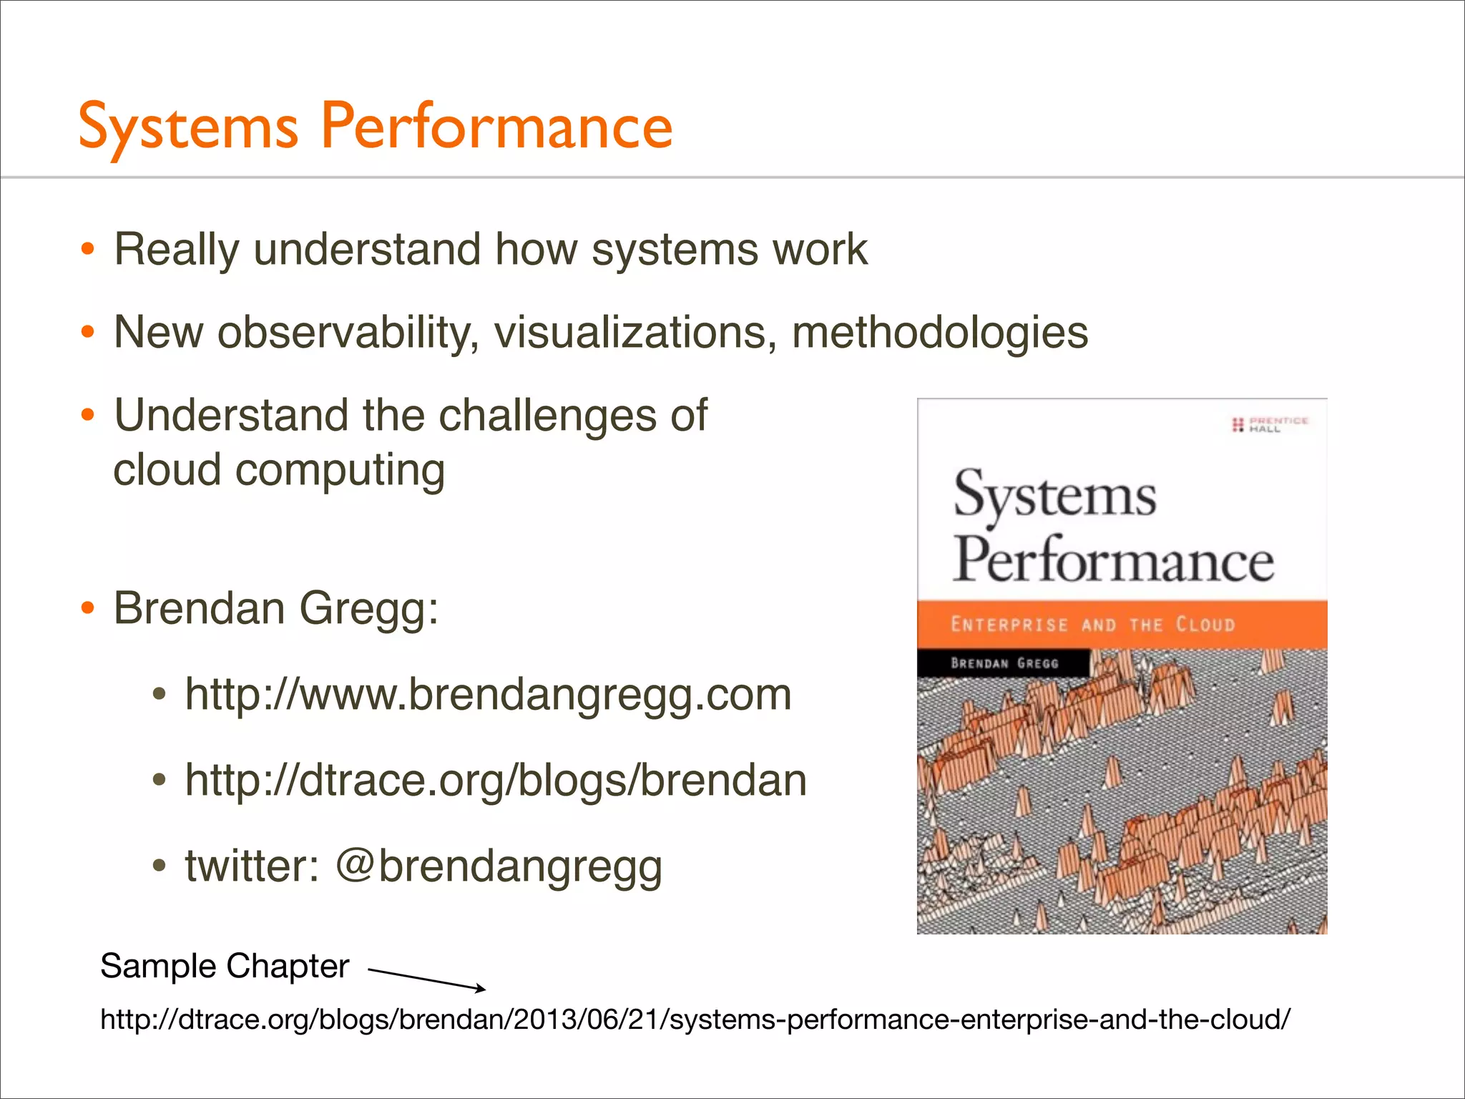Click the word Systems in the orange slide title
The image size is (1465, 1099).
tap(188, 127)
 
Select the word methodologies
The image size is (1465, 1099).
tap(939, 333)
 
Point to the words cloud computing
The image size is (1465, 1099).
tap(279, 471)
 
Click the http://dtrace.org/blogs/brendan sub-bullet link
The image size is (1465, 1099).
tap(495, 780)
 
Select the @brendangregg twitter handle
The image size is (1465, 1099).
tap(499, 866)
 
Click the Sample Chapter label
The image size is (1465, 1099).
tap(225, 966)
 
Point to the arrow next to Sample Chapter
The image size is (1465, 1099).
tap(426, 980)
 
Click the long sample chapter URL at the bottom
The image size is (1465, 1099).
tap(695, 1019)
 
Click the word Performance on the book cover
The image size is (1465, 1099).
tap(1113, 560)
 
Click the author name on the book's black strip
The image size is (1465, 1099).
tap(1004, 663)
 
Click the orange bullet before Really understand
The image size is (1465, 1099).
tap(87, 250)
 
